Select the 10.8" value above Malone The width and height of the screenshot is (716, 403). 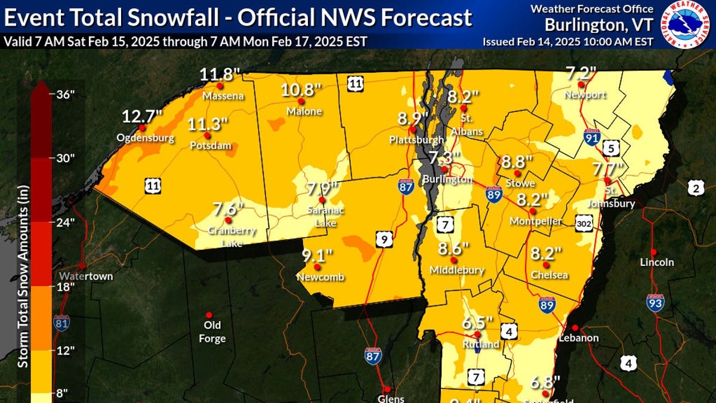302,90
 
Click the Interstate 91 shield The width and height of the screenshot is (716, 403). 592,136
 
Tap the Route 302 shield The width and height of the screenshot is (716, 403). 585,223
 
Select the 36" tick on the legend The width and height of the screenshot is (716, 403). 64,94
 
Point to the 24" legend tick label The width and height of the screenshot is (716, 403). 64,222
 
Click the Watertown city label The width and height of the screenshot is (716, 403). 86,277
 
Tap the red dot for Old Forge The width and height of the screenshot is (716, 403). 209,315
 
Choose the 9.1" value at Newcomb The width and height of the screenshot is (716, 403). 317,256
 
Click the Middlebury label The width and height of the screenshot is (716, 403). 456,271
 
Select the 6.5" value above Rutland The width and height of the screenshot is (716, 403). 477,324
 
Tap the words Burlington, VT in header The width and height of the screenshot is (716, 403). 598,25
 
